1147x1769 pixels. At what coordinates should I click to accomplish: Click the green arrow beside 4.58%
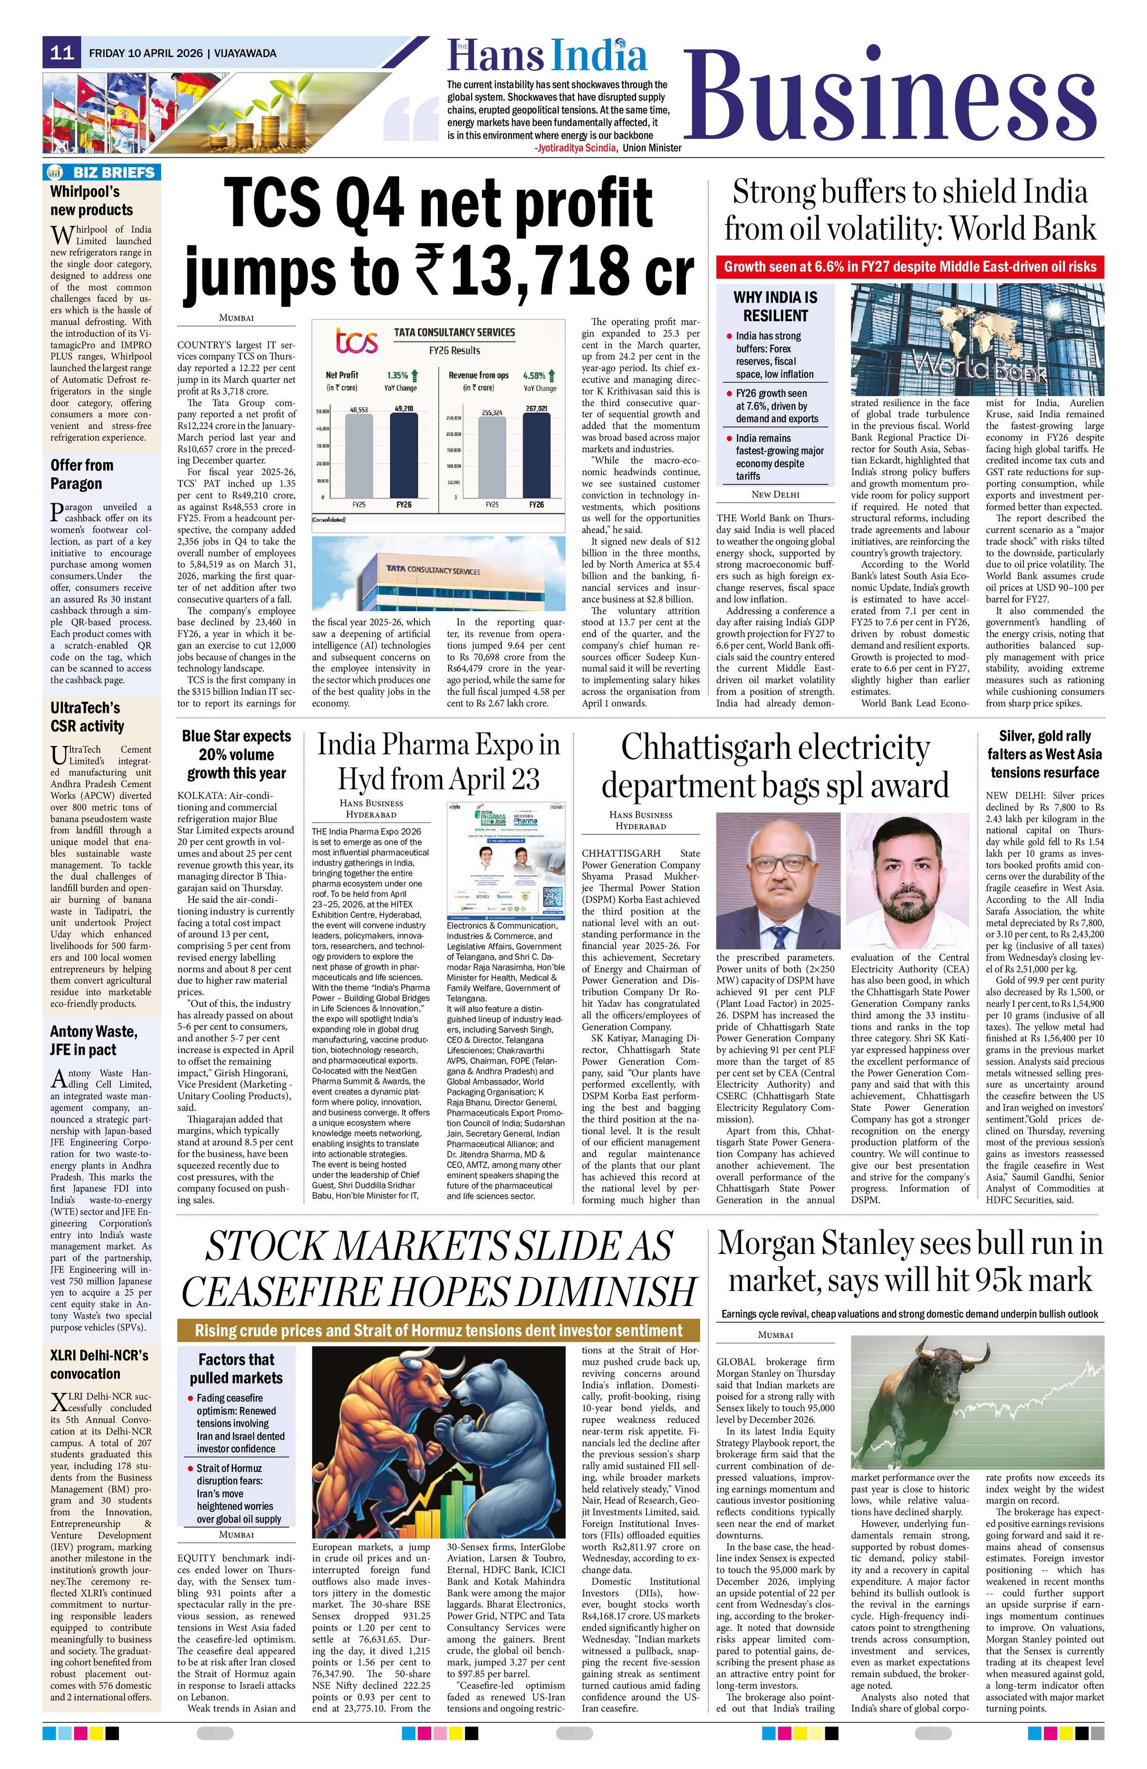coord(551,375)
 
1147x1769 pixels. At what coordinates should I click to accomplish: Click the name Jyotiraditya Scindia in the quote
coord(576,148)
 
